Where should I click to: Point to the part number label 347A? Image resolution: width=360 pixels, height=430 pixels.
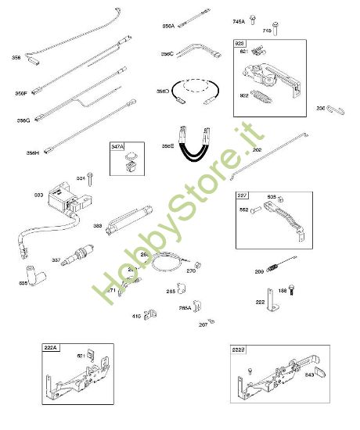tap(117, 146)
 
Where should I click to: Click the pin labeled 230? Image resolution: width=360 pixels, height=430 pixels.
tap(334, 109)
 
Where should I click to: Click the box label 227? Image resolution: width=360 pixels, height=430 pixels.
tap(243, 196)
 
